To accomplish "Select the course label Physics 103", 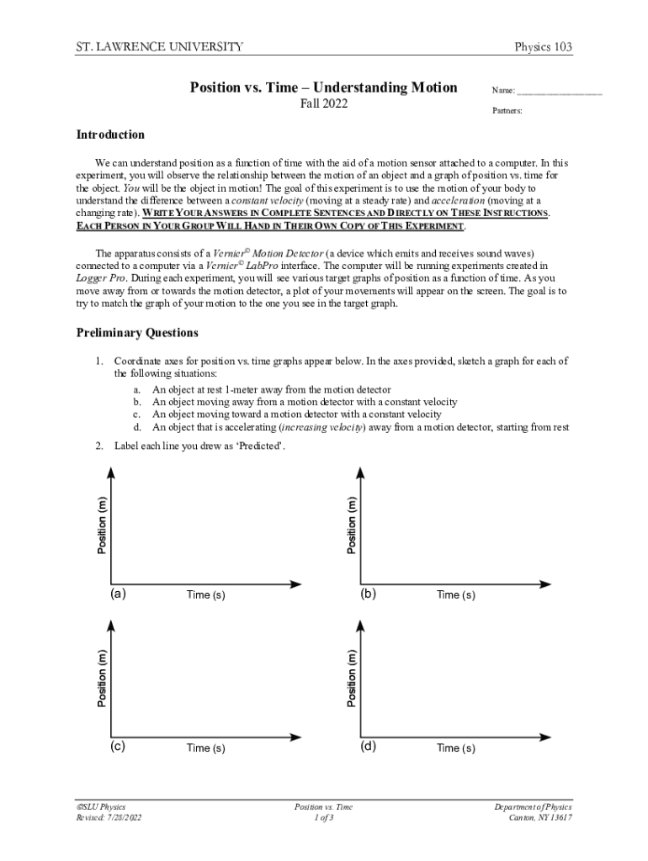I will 543,47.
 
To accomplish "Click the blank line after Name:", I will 560,91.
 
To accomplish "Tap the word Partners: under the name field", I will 507,111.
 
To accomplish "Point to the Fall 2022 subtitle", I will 324,104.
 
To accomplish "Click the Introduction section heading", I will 110,135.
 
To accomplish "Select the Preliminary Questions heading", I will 137,333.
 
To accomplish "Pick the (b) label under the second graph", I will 368,593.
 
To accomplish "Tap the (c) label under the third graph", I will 118,746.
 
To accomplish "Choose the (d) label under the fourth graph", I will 368,746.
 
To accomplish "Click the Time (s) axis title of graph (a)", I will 206,595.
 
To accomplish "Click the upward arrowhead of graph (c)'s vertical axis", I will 110,625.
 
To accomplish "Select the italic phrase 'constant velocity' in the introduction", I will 268,201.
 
